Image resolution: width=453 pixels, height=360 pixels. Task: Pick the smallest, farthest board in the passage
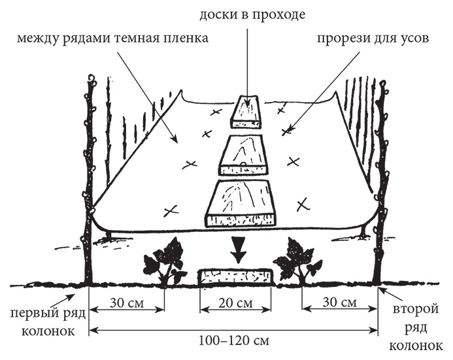pos(246,112)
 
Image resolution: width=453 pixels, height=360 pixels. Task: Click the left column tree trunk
pos(89,183)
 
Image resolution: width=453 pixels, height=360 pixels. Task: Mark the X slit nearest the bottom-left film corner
pos(169,210)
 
